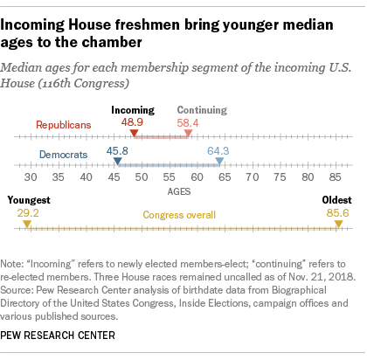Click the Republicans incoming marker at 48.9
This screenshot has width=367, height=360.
pos(134,133)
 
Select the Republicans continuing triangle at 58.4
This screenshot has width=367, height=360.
pos(188,133)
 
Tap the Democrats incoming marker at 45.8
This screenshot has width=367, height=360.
pos(117,161)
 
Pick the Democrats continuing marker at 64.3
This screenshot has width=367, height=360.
pos(219,161)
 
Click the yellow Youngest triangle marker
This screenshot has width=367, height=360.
pos(27,224)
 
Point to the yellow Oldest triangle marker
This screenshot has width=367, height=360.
pos(338,224)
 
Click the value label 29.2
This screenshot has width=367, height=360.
pos(28,213)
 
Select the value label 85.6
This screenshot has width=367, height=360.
pos(337,213)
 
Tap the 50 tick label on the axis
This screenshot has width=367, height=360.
pos(142,177)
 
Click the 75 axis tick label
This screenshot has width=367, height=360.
pos(280,177)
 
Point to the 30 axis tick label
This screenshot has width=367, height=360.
pos(31,177)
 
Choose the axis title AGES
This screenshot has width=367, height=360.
pos(179,191)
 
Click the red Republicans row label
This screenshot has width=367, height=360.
pos(64,125)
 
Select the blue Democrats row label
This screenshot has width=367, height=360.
pos(64,155)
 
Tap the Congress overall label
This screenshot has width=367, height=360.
pos(179,215)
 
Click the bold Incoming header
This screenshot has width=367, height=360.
pos(133,110)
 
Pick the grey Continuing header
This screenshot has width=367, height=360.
pos(202,110)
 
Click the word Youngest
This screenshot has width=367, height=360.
pos(29,200)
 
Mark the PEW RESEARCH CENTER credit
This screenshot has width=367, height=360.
pos(58,336)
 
